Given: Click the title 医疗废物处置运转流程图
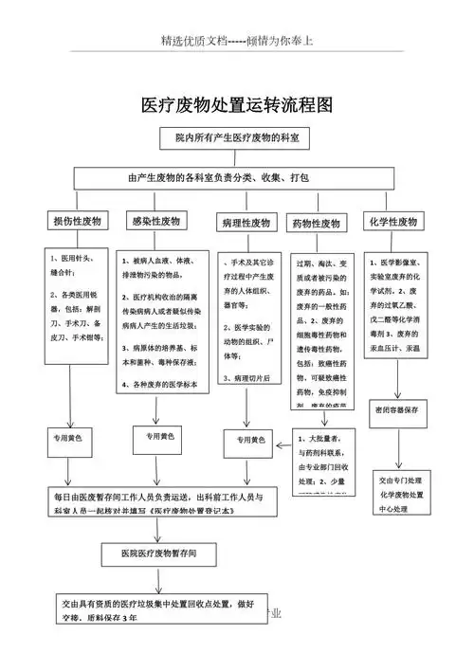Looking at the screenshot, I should tap(237, 103).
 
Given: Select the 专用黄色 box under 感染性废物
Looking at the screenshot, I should tap(159, 437).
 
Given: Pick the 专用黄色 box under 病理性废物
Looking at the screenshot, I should tap(248, 441).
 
